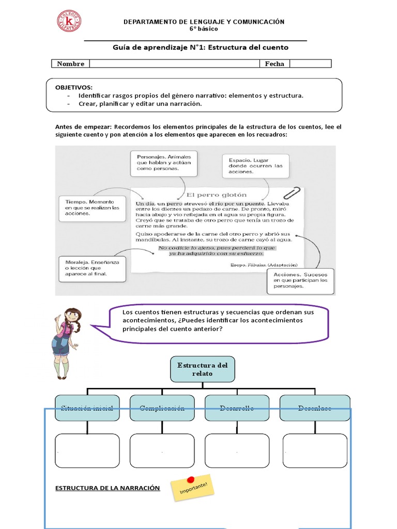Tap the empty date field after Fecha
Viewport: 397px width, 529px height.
(310, 64)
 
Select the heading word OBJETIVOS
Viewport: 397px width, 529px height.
(74, 87)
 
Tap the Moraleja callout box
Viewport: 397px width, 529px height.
(93, 268)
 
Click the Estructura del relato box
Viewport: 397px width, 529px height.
(202, 369)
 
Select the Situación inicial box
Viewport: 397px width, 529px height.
(87, 408)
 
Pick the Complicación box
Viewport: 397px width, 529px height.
(162, 408)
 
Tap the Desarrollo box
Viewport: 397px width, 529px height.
(237, 408)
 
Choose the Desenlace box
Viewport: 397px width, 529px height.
(315, 408)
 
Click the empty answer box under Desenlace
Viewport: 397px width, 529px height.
(315, 450)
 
